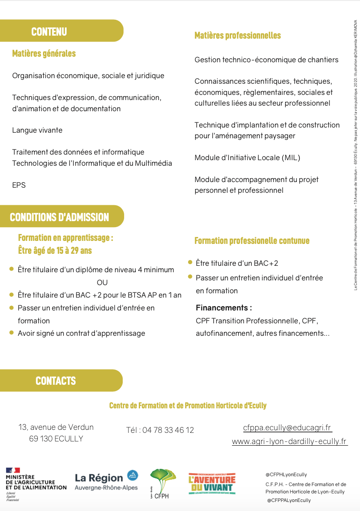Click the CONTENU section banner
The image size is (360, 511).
point(49,31)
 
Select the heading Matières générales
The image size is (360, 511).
point(44,54)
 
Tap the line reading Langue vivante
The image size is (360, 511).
point(37,130)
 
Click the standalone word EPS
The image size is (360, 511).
point(19,185)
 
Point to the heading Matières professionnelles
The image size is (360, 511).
point(238,36)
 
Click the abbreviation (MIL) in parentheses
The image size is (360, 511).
point(291,158)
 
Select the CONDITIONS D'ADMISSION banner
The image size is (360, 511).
point(59,217)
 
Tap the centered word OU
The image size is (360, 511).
point(102,283)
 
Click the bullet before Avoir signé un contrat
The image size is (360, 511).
point(12,332)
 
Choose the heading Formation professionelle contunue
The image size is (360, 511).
point(252,241)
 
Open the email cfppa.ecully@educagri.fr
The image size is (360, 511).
point(287,428)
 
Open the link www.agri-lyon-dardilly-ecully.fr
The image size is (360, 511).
point(289,441)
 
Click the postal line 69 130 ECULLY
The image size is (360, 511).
point(56,439)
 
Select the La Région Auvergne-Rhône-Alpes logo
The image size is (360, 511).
point(107,480)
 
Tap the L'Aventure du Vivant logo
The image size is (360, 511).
point(212,484)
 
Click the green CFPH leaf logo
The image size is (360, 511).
point(162,483)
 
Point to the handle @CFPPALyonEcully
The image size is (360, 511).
point(288,500)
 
